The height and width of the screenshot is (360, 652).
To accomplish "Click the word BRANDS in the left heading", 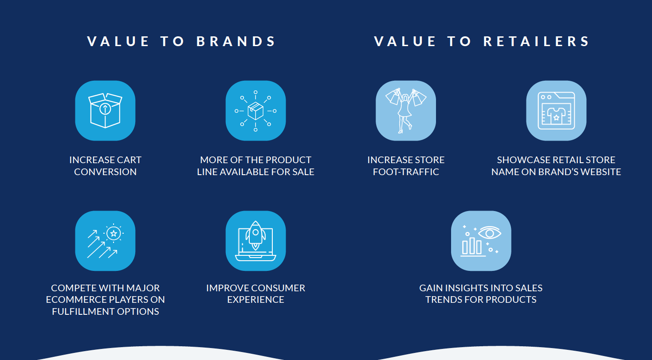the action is point(236,41).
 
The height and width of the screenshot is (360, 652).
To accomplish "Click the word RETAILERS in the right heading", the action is point(536,41).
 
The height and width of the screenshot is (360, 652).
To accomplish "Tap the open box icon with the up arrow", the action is point(105,110).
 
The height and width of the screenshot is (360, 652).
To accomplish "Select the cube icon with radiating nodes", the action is point(255,111).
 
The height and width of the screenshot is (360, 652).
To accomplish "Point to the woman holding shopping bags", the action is point(406,110).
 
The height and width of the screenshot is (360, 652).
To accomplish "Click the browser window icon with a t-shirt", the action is point(556,110).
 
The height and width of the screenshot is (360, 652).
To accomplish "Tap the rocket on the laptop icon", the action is point(255,236).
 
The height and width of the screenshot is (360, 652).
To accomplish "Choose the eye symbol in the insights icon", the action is point(490,233).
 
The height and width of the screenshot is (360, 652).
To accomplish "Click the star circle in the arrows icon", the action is point(114,233).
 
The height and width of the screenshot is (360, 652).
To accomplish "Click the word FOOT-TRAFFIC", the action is point(406,172).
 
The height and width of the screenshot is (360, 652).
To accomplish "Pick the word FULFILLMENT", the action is point(83,311).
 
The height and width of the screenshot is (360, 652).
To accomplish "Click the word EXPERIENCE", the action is point(255,299).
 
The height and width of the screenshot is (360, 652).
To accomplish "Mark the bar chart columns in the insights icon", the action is point(472,246).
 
